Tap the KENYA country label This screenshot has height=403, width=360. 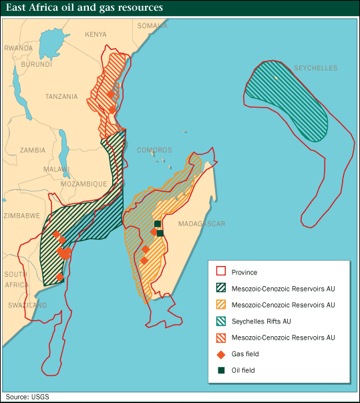point(96,34)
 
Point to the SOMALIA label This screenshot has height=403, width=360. point(152,25)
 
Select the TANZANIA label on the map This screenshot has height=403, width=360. point(61,96)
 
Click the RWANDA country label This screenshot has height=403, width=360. point(18,48)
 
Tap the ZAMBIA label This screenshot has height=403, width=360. point(32,150)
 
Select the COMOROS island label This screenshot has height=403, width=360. point(154,150)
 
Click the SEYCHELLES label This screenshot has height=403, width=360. point(316,68)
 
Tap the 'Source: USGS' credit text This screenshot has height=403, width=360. point(27,396)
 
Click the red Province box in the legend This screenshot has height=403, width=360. point(220,272)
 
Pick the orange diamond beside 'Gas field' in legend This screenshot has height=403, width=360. point(220,354)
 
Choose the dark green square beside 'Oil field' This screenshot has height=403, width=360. point(220,370)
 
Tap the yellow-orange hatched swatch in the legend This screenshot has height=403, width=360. point(220,305)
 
